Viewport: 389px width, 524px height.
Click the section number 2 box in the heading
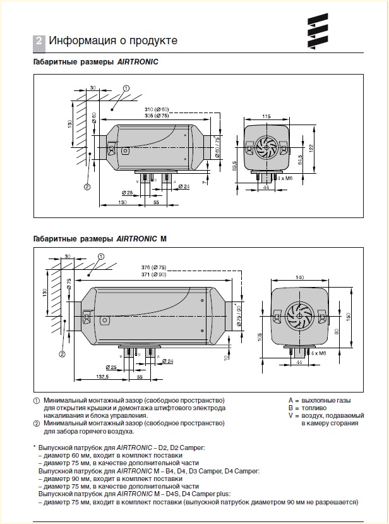(x=39, y=41)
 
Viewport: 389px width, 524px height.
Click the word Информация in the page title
(x=80, y=41)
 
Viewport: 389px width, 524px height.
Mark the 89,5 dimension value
(x=234, y=166)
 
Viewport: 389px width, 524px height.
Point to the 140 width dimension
(x=299, y=278)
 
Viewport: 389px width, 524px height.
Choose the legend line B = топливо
(x=310, y=408)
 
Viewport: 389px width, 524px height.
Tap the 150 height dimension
(x=348, y=315)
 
